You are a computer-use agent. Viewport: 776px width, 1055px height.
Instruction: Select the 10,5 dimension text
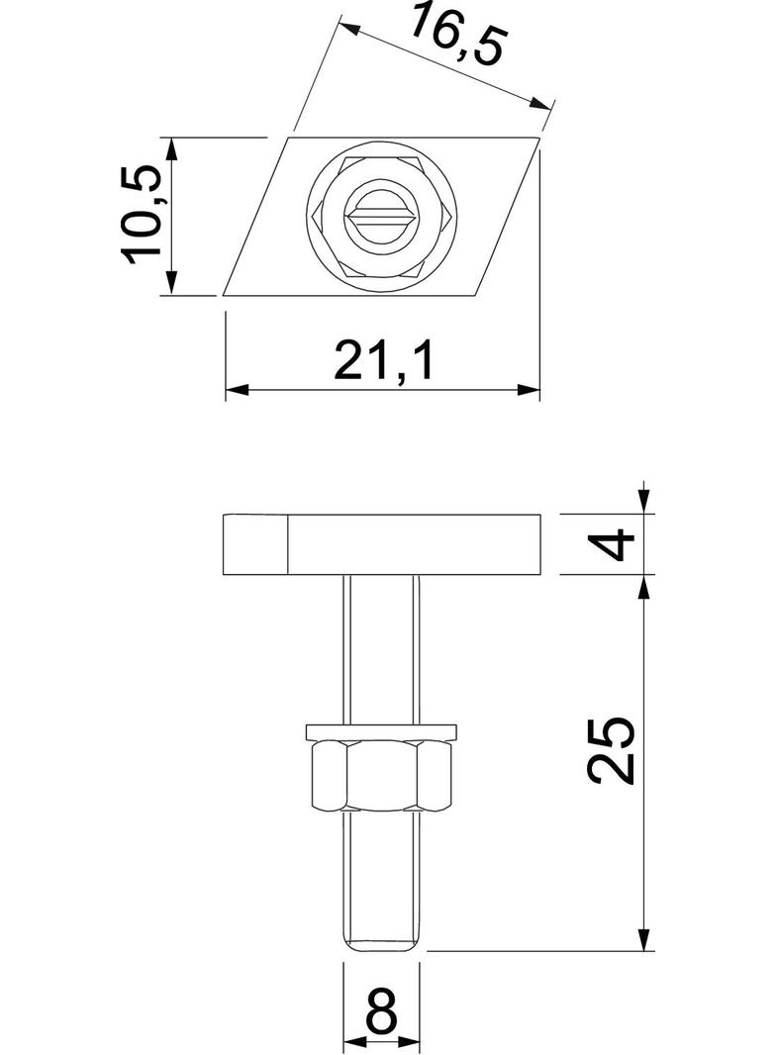pyautogui.click(x=143, y=215)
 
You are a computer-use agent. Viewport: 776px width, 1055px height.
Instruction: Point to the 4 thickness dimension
pyautogui.click(x=618, y=544)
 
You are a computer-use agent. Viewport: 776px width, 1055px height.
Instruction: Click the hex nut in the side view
pyautogui.click(x=382, y=777)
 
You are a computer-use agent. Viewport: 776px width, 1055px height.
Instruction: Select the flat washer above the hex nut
pyautogui.click(x=382, y=731)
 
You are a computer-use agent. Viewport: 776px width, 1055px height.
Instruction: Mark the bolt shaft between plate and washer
pyautogui.click(x=382, y=648)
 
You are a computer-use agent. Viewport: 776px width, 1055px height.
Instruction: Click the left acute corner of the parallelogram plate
pyautogui.click(x=227, y=294)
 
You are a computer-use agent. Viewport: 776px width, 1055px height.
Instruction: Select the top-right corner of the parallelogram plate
pyautogui.click(x=538, y=137)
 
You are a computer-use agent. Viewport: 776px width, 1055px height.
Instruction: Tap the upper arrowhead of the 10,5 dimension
pyautogui.click(x=171, y=145)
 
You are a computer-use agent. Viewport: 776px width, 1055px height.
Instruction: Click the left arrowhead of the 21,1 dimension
pyautogui.click(x=234, y=390)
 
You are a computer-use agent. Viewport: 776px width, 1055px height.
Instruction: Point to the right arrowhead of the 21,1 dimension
pyautogui.click(x=533, y=390)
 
